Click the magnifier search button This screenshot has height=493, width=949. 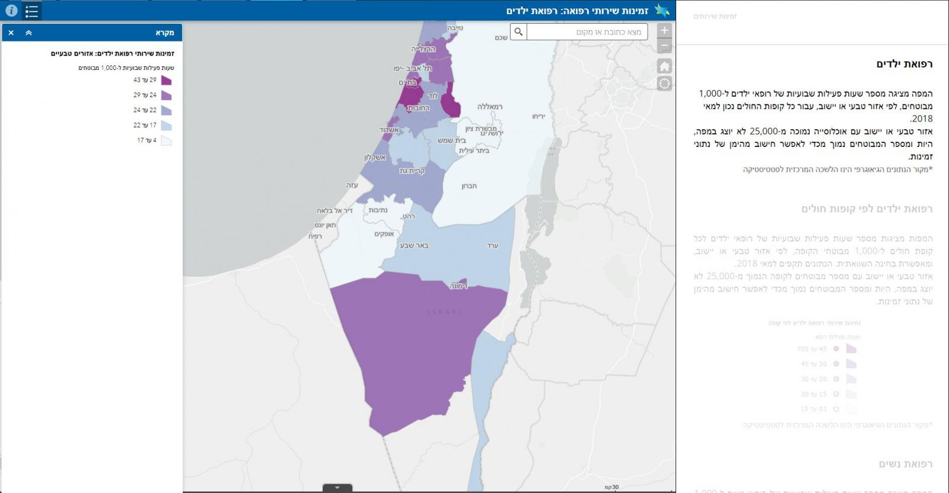click(518, 32)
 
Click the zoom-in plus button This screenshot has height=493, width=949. click(664, 30)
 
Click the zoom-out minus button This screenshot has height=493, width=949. click(664, 46)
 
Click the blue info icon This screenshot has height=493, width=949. click(11, 10)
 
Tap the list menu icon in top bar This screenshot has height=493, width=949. click(32, 11)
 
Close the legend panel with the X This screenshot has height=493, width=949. click(11, 33)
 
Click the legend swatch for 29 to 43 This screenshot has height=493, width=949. click(167, 80)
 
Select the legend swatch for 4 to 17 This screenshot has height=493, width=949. click(167, 140)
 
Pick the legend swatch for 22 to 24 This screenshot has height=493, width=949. click(167, 110)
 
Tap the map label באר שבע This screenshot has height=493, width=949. click(414, 245)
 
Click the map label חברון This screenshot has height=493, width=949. click(469, 186)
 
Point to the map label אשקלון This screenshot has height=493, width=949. click(375, 158)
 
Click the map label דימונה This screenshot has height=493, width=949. click(458, 286)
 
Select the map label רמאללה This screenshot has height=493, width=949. click(490, 107)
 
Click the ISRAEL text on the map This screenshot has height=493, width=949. click(445, 312)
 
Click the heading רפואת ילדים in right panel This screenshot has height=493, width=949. click(904, 64)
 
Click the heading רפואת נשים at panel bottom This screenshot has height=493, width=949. click(905, 464)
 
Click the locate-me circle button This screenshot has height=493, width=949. click(664, 84)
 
